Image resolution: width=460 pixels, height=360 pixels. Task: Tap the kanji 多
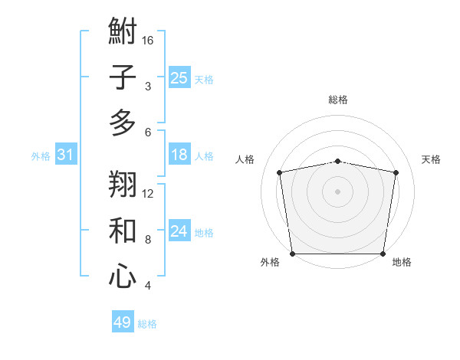tap(123, 123)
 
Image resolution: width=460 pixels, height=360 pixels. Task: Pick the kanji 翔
tap(123, 184)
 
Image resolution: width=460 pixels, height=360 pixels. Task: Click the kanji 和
tap(123, 231)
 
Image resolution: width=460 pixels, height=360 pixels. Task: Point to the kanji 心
tap(123, 277)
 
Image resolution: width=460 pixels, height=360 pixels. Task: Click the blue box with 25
tap(179, 78)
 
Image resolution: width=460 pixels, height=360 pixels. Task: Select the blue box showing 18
tap(179, 155)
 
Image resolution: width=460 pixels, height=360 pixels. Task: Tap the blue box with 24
tap(179, 232)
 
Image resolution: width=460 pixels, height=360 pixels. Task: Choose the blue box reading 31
tap(66, 155)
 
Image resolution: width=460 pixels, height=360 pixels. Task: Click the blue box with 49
tap(123, 322)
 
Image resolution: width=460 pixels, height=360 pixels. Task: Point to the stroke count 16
tap(148, 40)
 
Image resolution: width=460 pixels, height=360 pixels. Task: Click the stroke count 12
tap(148, 193)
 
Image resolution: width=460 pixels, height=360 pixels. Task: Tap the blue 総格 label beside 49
tap(147, 324)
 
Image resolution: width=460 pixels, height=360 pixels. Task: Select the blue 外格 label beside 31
tap(41, 156)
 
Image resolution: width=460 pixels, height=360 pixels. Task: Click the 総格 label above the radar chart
tap(337, 100)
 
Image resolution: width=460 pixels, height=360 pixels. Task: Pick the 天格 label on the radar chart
tap(431, 159)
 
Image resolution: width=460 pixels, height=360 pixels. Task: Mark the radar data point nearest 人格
tap(280, 172)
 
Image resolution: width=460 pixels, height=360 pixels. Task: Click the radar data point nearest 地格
tap(383, 254)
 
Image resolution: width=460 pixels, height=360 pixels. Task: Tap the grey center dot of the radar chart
tap(337, 191)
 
